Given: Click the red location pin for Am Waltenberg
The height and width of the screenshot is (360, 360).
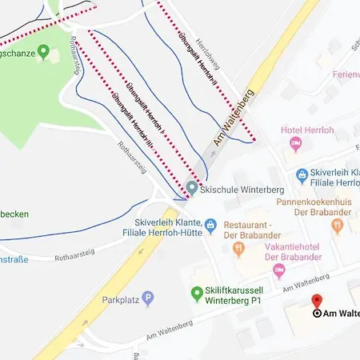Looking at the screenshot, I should point(317,302).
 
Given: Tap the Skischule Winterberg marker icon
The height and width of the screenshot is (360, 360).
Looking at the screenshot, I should point(192,189).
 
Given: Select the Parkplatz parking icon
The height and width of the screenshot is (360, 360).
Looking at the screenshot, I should point(149,299).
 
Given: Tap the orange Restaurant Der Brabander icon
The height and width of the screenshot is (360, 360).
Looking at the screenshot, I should point(238,250).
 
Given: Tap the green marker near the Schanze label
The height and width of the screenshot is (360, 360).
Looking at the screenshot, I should point(44,53).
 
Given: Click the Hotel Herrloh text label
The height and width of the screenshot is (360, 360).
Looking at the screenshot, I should point(308,130).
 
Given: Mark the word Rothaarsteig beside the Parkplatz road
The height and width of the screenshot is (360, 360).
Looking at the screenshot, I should point(75,252).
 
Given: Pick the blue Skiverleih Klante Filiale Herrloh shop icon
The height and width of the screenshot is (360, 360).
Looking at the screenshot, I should point(302,174).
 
